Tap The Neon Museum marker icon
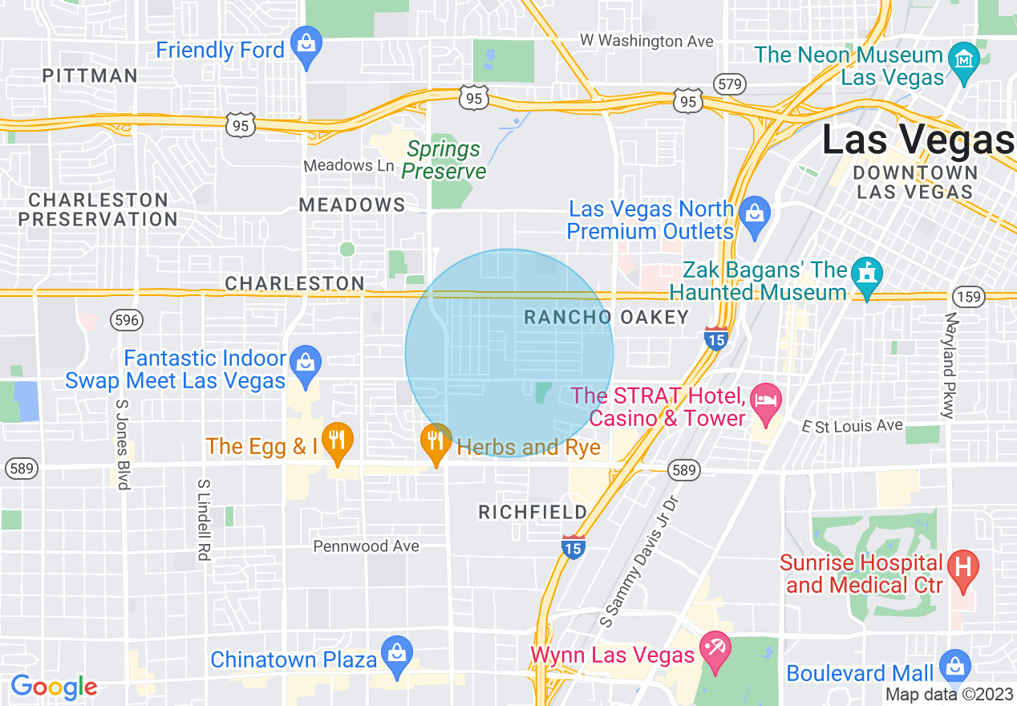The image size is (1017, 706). (963, 59)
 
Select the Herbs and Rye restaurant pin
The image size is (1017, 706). (436, 440)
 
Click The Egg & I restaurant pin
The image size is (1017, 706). (338, 440)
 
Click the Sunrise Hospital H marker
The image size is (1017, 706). (963, 568)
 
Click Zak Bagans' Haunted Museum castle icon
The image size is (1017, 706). (867, 274)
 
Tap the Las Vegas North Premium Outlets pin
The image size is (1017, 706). (754, 213)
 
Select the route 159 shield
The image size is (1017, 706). (969, 297)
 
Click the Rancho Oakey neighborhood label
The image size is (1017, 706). (606, 318)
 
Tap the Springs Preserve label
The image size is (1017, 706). (444, 160)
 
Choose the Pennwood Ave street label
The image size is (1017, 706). (366, 546)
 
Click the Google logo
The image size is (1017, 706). (54, 687)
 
